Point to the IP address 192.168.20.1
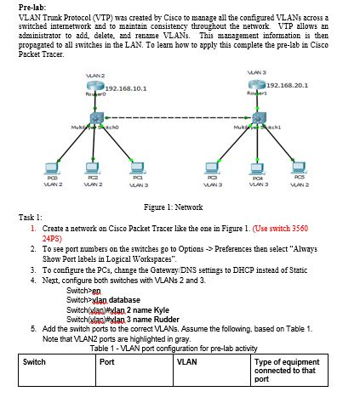289,85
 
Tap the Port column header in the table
107,361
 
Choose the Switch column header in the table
34,361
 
